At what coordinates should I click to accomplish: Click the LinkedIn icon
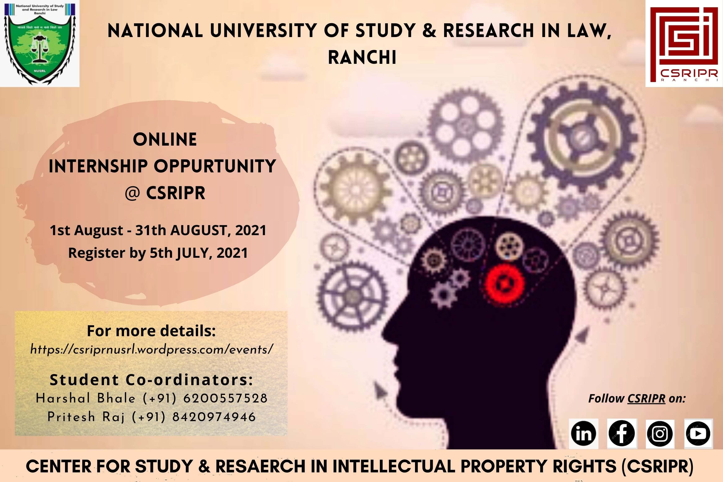pyautogui.click(x=583, y=433)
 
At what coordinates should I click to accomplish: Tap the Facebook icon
pyautogui.click(x=622, y=433)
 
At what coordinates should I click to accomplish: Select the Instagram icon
pyautogui.click(x=660, y=434)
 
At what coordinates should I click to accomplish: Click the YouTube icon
pyautogui.click(x=698, y=433)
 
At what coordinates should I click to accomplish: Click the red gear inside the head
pyautogui.click(x=504, y=284)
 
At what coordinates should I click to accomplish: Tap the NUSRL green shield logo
pyautogui.click(x=40, y=43)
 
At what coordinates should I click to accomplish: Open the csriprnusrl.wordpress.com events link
pyautogui.click(x=151, y=350)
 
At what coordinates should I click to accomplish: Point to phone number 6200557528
pyautogui.click(x=225, y=398)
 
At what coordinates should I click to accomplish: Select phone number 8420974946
pyautogui.click(x=214, y=417)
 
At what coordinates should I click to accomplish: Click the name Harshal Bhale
pyautogui.click(x=85, y=398)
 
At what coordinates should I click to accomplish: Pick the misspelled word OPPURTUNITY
pyautogui.click(x=215, y=166)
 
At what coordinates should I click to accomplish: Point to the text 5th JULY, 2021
pyautogui.click(x=199, y=253)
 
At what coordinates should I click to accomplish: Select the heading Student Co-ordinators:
pyautogui.click(x=151, y=380)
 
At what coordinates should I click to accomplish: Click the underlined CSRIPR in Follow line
pyautogui.click(x=646, y=399)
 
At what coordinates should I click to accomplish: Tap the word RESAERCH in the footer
pyautogui.click(x=260, y=466)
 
